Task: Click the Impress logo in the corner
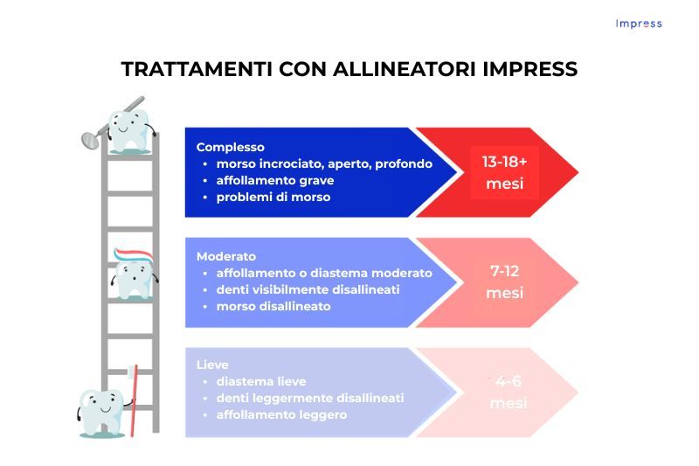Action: (x=638, y=24)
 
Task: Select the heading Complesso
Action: (x=230, y=147)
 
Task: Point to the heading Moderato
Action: (x=226, y=256)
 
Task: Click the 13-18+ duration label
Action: (x=504, y=162)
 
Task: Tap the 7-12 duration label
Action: (x=504, y=271)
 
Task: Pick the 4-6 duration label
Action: (x=508, y=381)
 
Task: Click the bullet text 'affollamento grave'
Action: (x=275, y=180)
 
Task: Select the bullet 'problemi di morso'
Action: (x=273, y=197)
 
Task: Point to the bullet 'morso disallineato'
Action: (x=273, y=306)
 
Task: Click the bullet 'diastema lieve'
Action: (x=261, y=381)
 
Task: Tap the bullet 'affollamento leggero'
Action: (x=281, y=414)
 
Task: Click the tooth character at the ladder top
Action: (x=128, y=129)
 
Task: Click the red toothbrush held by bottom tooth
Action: (x=133, y=402)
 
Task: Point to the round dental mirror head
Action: (x=87, y=137)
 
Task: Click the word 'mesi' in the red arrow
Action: (x=504, y=184)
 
